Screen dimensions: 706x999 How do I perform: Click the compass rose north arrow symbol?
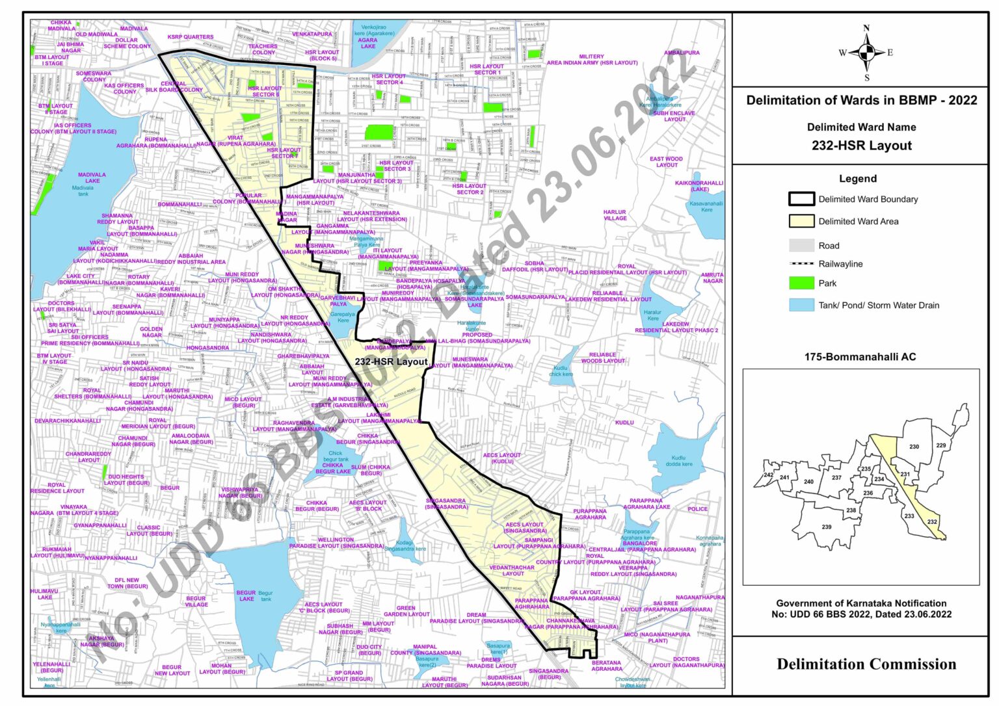(x=866, y=53)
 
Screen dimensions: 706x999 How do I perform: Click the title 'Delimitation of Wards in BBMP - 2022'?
(x=861, y=100)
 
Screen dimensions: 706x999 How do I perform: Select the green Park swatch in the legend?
(x=801, y=283)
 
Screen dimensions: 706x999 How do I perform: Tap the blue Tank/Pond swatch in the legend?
(x=801, y=305)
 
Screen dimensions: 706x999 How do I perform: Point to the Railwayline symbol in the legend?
(x=801, y=264)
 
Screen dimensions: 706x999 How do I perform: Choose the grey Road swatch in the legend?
(x=801, y=245)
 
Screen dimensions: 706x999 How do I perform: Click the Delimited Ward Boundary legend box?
(x=801, y=199)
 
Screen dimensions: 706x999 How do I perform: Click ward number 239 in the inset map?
(x=826, y=527)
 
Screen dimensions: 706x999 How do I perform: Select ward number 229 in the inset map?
(x=940, y=445)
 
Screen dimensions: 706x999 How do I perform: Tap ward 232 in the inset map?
(x=932, y=522)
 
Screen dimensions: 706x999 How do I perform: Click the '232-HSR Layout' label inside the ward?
(x=391, y=361)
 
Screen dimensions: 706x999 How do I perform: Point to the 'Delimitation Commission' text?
(x=866, y=664)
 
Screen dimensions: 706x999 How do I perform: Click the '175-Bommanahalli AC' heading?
(x=860, y=357)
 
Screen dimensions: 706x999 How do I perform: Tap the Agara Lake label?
(x=368, y=44)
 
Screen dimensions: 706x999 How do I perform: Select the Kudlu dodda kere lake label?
(x=678, y=461)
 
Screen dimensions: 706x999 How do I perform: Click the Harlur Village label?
(x=615, y=215)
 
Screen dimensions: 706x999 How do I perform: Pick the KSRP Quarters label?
(x=190, y=37)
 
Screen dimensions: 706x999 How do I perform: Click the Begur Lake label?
(x=246, y=595)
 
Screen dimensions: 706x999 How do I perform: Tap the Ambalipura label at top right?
(x=682, y=53)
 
